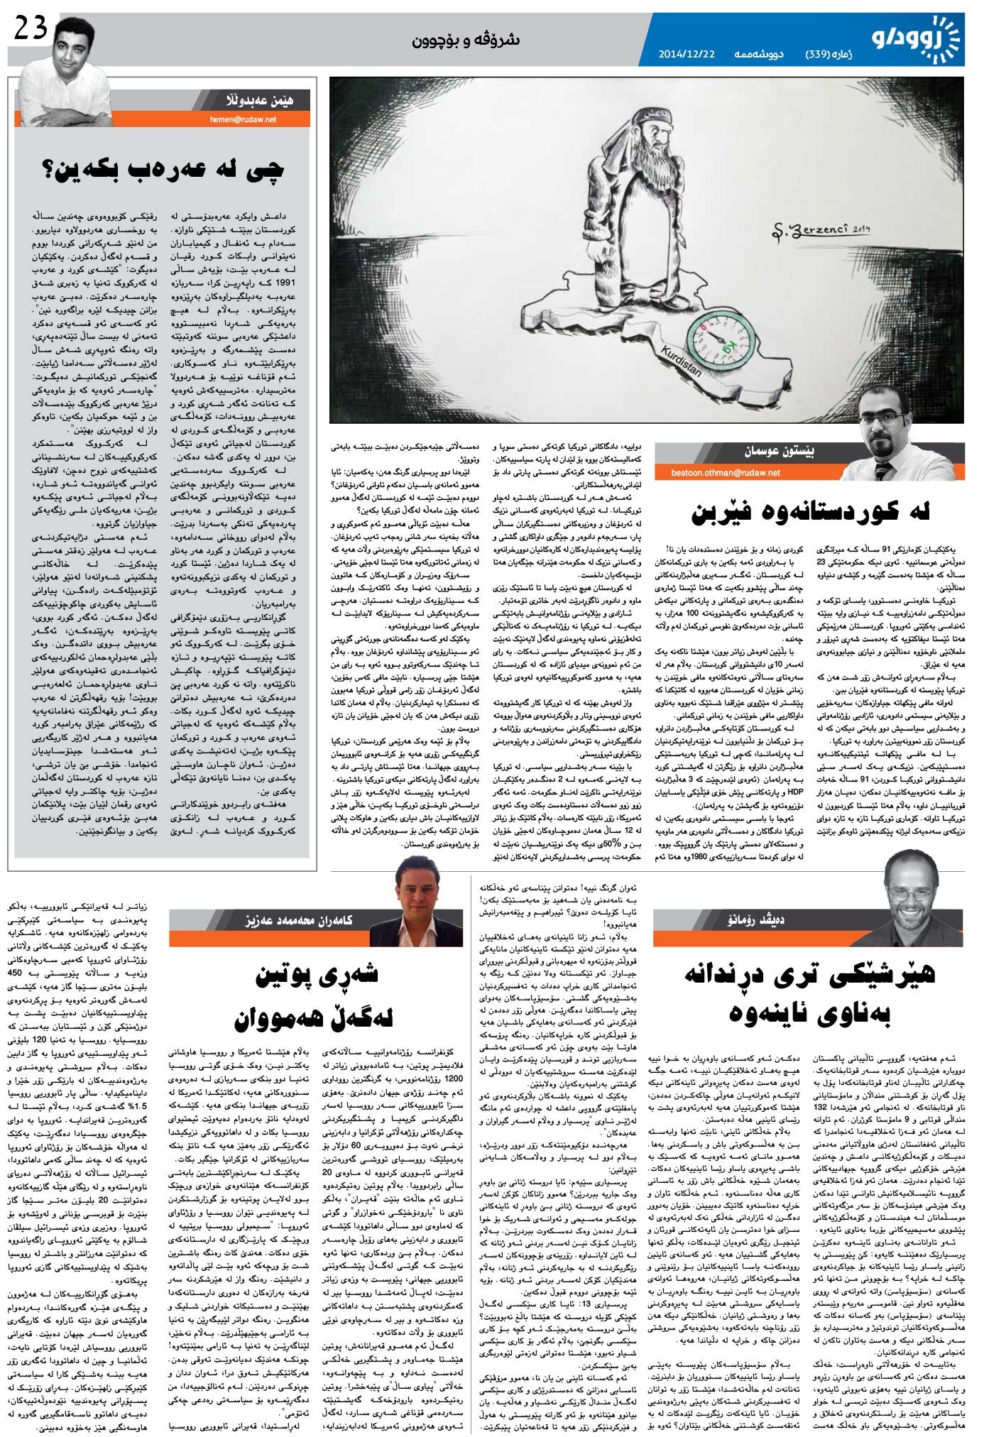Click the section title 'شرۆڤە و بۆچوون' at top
(466, 40)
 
